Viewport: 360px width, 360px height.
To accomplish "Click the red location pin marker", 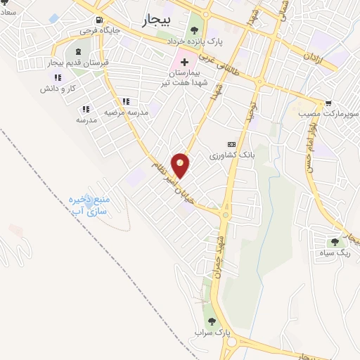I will (x=181, y=165).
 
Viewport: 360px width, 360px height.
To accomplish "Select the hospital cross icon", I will (x=185, y=62).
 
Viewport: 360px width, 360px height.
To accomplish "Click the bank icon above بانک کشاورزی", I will (x=232, y=143).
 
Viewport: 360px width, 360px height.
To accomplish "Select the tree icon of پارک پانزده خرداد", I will (x=195, y=30).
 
